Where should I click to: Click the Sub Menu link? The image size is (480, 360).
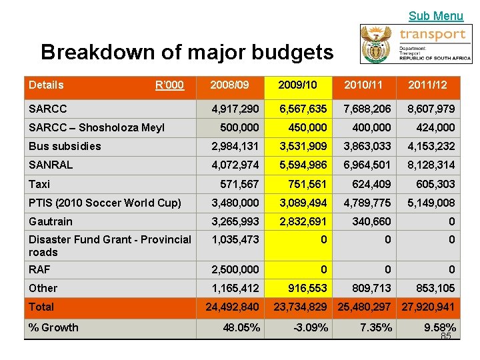(x=435, y=16)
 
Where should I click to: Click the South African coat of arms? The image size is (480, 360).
(x=379, y=44)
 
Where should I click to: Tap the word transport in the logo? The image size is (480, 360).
(x=432, y=34)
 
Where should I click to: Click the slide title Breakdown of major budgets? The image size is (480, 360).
(x=187, y=52)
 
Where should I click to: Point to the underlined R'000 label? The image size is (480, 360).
(x=169, y=85)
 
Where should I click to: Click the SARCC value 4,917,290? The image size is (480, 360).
(x=235, y=109)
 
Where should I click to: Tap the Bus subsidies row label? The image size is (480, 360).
(x=65, y=146)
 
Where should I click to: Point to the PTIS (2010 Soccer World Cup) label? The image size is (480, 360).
(x=105, y=203)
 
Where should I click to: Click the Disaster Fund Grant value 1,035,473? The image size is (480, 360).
(x=235, y=239)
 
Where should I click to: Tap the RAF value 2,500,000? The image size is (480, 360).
(x=235, y=269)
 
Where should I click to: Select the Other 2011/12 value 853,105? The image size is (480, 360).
(x=435, y=288)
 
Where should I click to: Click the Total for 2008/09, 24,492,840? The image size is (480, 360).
(x=232, y=307)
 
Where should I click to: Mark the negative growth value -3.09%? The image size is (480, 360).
(x=311, y=327)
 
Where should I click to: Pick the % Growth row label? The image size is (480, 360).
(x=53, y=327)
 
